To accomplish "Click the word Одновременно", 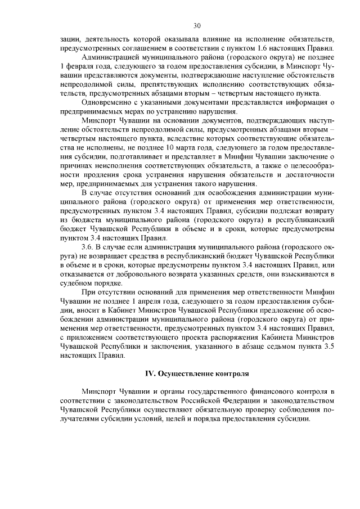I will [x=110, y=102].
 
